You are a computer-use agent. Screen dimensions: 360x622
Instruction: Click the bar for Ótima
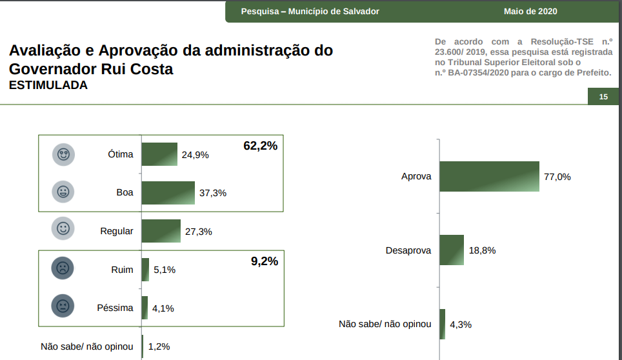[159, 154]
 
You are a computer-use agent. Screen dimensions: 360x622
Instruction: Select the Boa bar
[168, 192]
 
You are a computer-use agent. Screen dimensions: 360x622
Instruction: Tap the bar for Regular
[161, 231]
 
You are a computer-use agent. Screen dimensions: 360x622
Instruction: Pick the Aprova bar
[489, 176]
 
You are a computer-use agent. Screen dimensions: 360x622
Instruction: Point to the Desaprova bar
[452, 250]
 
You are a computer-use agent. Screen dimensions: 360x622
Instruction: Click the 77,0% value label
[557, 177]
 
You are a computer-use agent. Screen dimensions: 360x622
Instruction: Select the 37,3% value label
[214, 193]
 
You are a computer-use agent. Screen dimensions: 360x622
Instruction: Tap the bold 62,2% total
[260, 146]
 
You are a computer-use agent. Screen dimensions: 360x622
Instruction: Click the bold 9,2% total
[264, 261]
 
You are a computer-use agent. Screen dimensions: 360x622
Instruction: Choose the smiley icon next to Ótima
[63, 155]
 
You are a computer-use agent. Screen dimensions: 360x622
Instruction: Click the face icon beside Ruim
[63, 268]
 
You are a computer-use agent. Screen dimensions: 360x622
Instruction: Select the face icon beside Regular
[63, 228]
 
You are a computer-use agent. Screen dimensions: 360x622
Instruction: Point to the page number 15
[604, 97]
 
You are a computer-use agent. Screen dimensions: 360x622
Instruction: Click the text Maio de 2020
[530, 12]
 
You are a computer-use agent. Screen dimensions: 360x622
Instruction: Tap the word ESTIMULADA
[48, 85]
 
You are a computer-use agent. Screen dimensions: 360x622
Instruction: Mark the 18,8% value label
[482, 250]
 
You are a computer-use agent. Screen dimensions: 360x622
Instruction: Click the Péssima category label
[115, 308]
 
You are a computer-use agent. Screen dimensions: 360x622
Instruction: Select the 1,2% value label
[159, 346]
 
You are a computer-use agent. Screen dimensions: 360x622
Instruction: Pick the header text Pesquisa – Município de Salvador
[310, 12]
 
